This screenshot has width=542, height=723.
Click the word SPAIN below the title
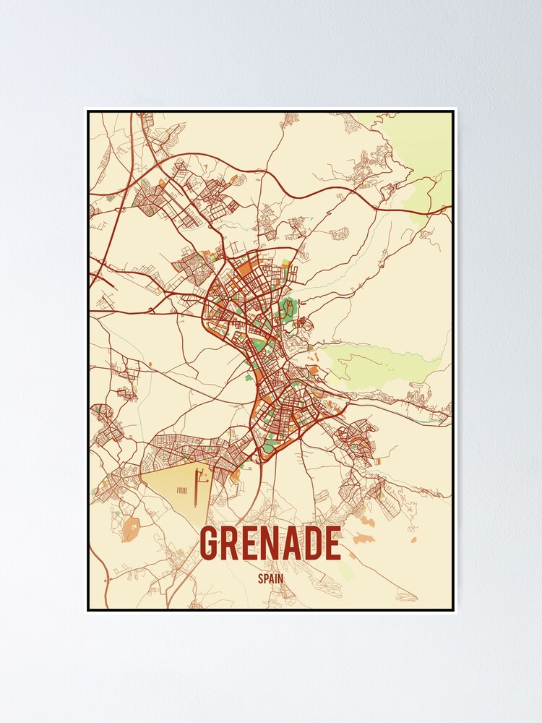[270, 578]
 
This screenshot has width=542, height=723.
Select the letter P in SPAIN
[265, 578]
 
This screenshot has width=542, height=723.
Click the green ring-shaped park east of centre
[288, 309]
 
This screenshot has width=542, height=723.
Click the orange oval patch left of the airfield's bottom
[131, 529]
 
